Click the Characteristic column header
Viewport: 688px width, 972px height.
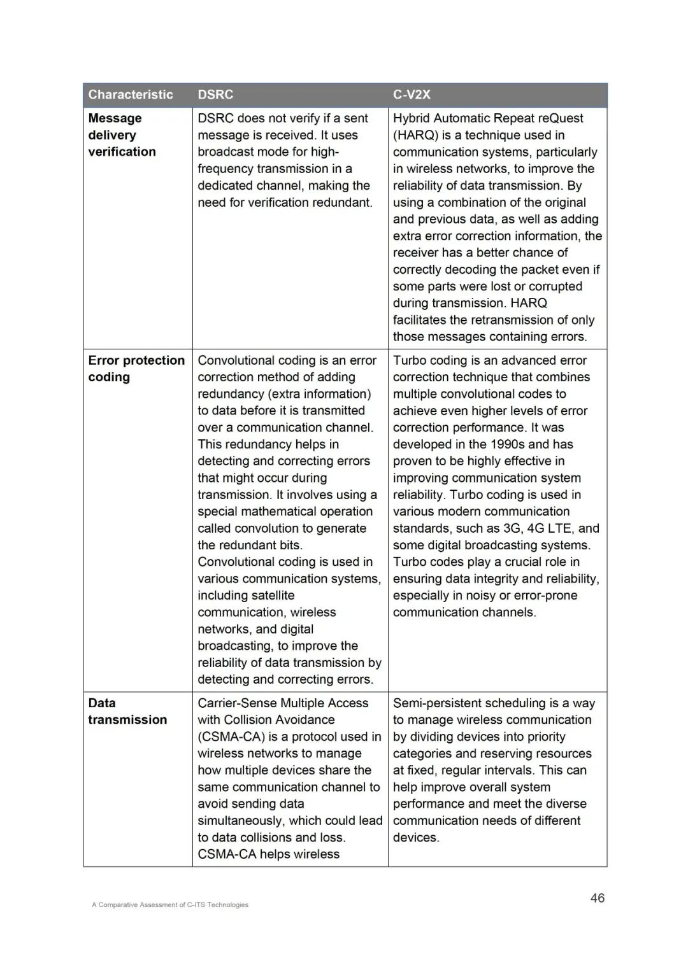pos(131,95)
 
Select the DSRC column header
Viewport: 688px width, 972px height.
pos(215,95)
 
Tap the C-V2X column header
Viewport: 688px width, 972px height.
pos(412,95)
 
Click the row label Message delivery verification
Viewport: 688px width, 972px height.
pos(122,135)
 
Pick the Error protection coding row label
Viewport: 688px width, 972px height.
pos(136,369)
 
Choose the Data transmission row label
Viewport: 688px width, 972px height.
pos(127,712)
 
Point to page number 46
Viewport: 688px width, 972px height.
pos(597,898)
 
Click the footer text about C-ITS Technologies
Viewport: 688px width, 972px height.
pos(170,905)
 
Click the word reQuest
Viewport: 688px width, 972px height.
pos(561,118)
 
